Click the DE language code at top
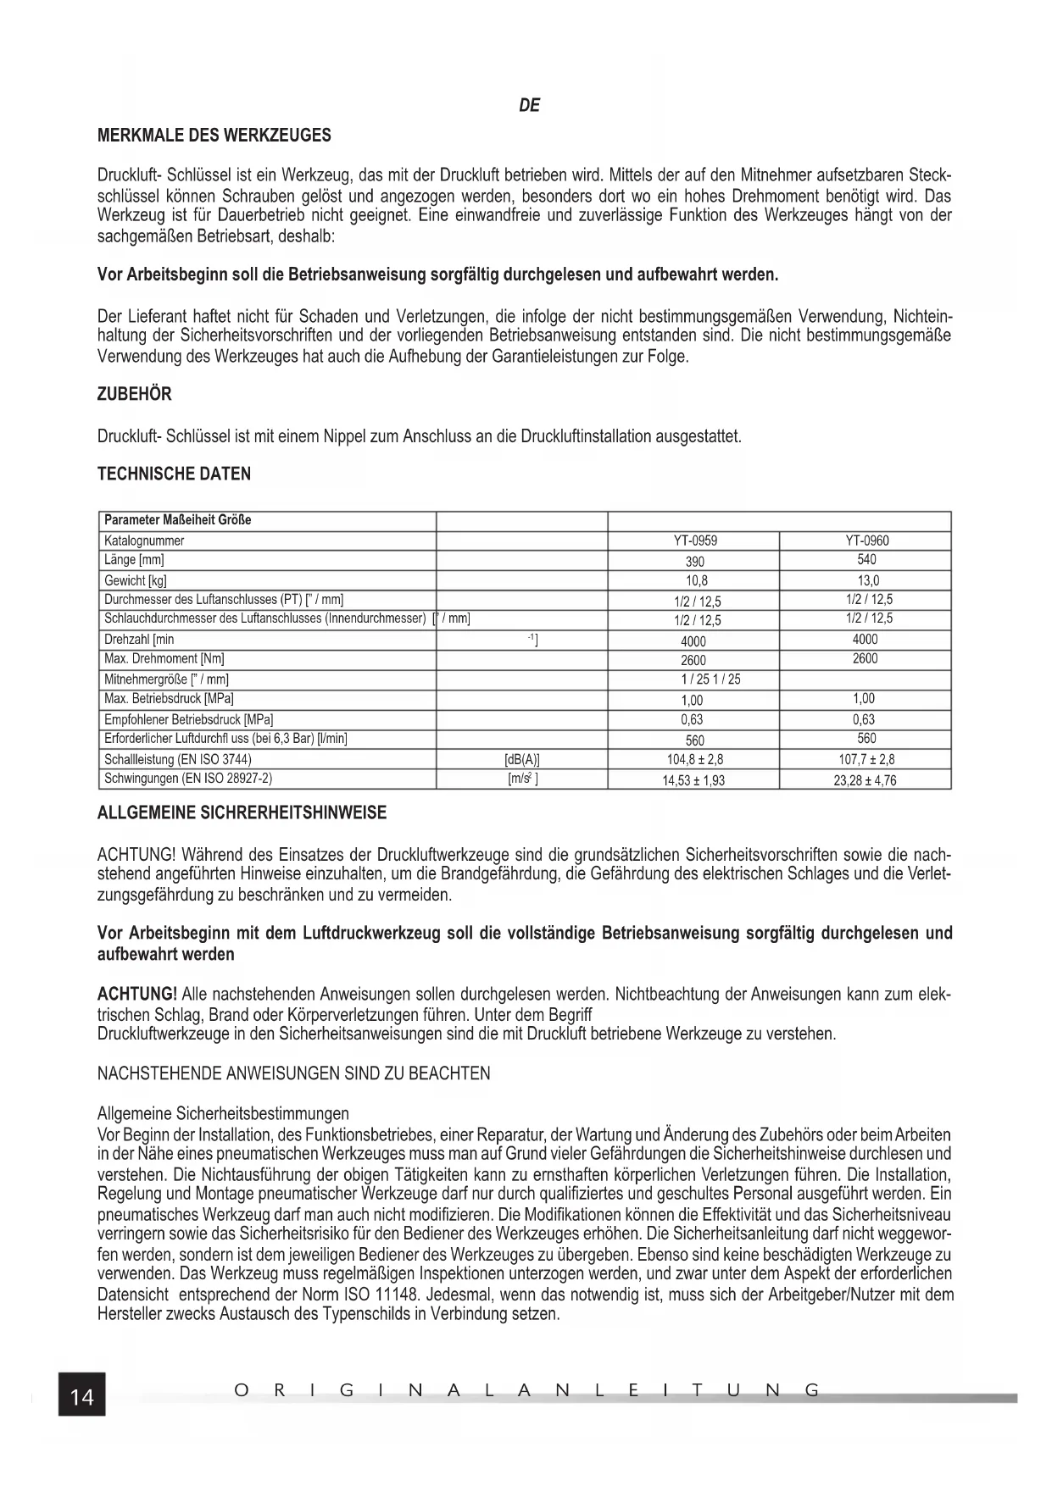[529, 106]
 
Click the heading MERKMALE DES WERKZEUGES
[214, 136]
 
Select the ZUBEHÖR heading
[135, 394]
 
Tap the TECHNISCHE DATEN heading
[174, 474]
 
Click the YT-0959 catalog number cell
[694, 541]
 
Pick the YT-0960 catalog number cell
[866, 541]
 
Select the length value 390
[694, 561]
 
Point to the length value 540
[866, 559]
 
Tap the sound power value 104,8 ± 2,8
[694, 760]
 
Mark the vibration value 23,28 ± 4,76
[865, 780]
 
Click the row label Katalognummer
[144, 541]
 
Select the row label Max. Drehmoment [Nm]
[164, 658]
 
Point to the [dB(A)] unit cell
[522, 760]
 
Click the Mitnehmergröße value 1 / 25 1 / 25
[710, 679]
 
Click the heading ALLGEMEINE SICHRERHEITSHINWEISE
[242, 813]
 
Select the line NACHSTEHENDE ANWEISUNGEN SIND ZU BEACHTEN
[293, 1073]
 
